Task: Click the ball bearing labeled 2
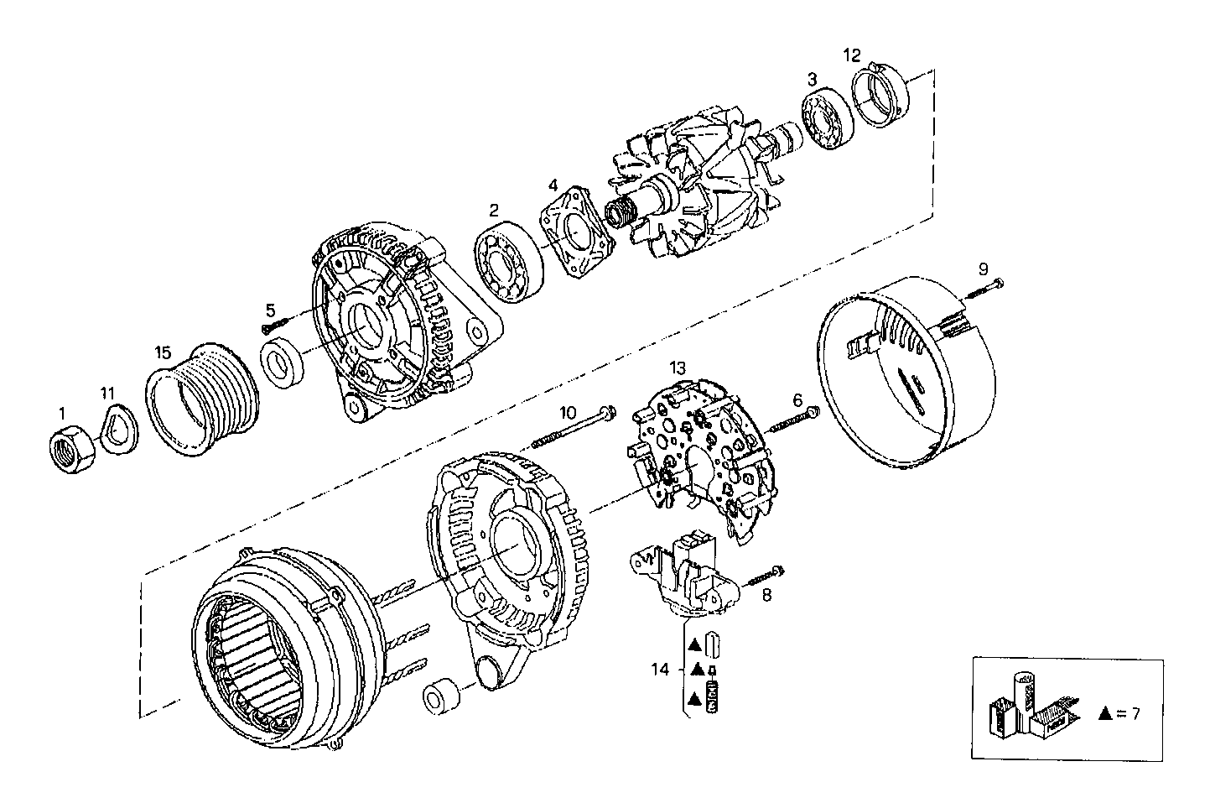[x=509, y=260]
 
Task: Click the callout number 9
[x=984, y=269]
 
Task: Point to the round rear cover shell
[x=910, y=378]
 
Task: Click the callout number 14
[x=662, y=669]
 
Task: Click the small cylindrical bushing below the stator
[x=441, y=696]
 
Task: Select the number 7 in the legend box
[x=1135, y=713]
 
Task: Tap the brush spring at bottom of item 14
[x=715, y=698]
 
